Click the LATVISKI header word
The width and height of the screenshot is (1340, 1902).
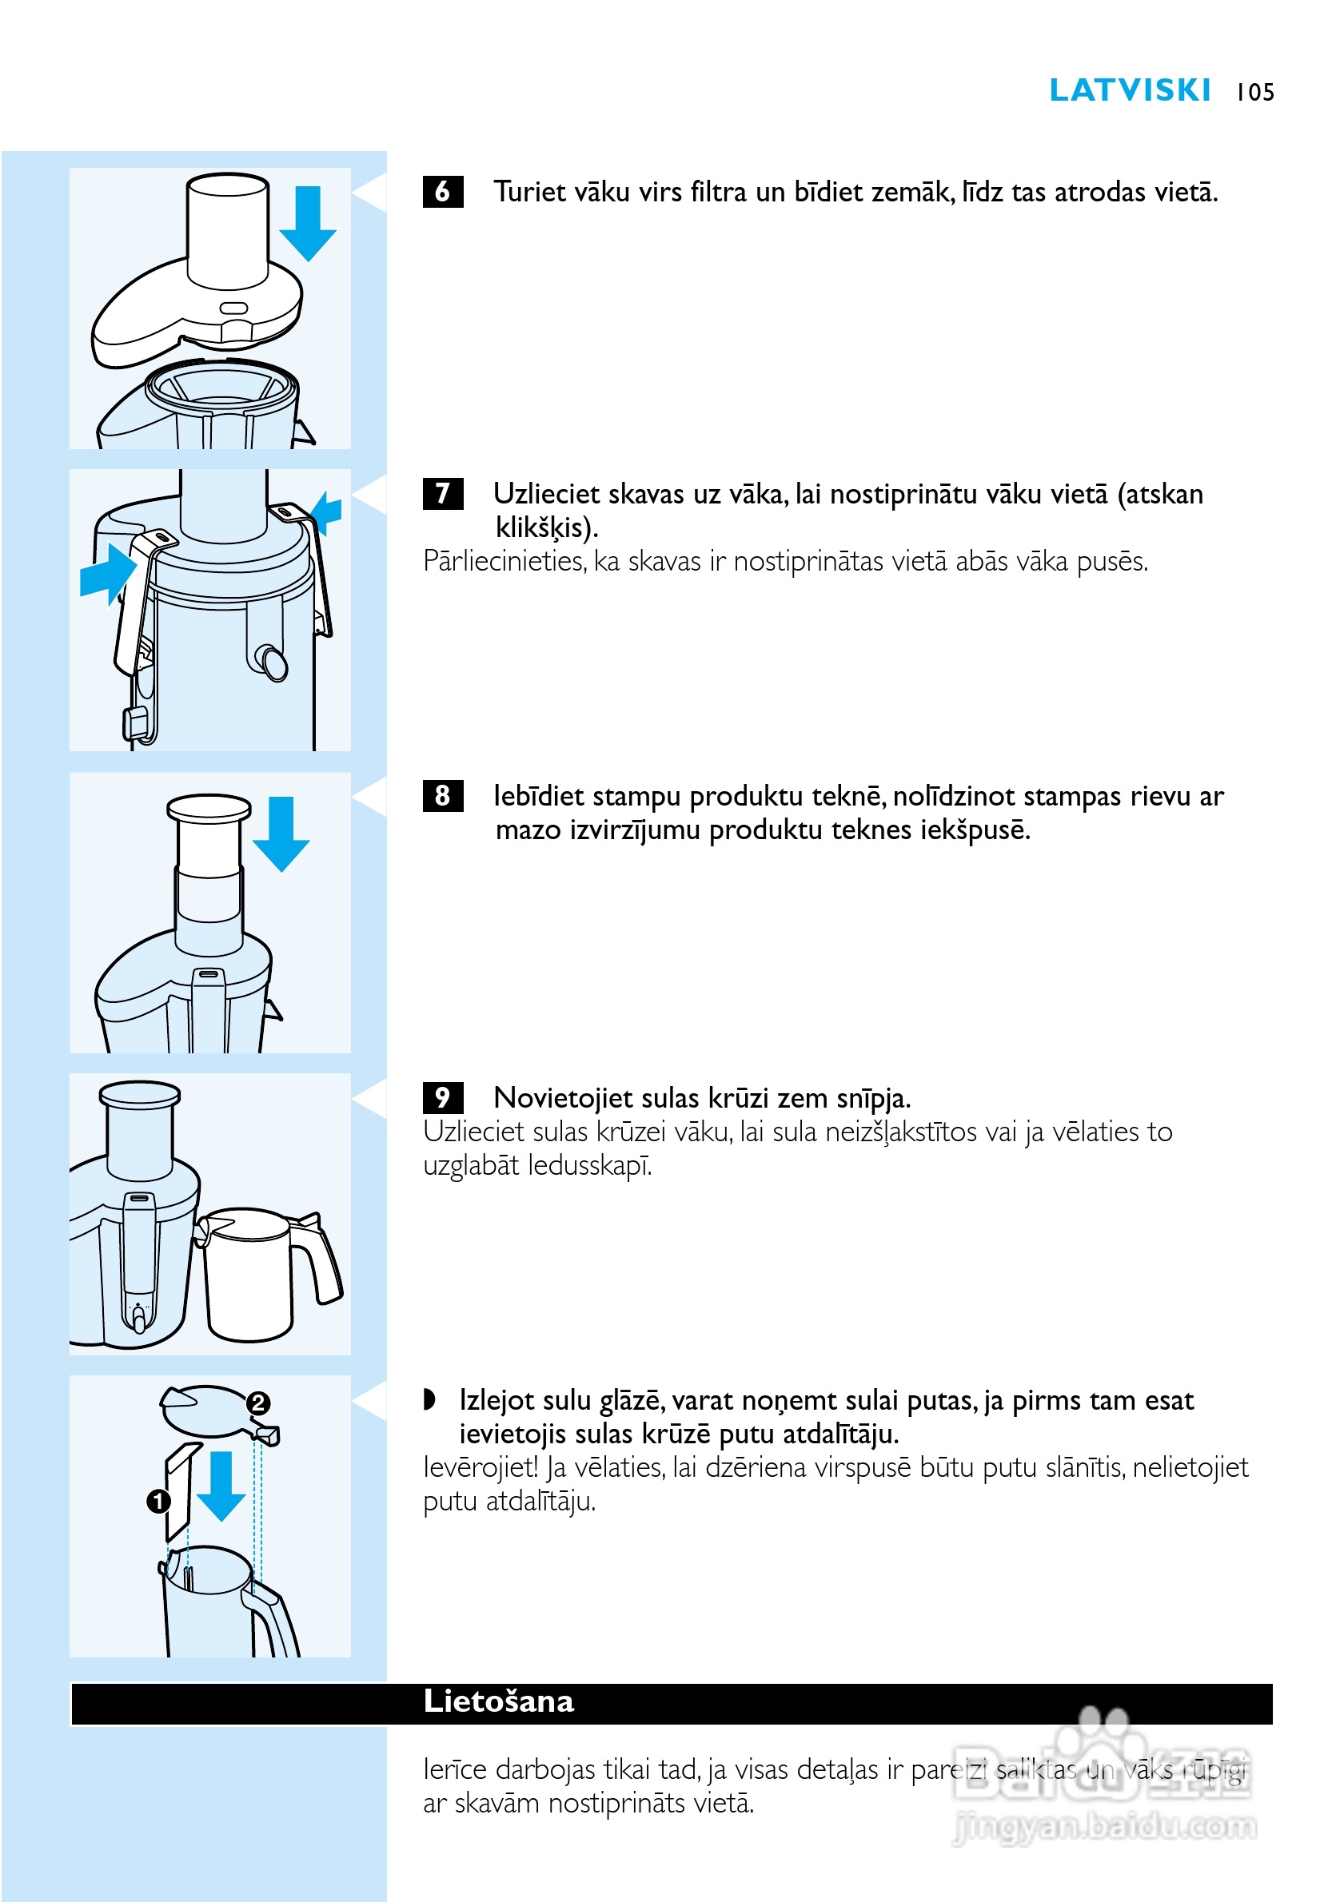click(1129, 90)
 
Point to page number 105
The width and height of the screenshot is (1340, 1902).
click(1254, 92)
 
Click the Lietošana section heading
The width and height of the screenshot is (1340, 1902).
click(498, 1701)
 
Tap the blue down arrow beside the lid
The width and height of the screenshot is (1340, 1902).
click(308, 224)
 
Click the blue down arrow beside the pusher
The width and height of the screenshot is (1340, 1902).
click(281, 834)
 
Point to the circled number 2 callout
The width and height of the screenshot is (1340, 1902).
click(257, 1403)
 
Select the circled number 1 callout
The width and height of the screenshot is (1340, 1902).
click(158, 1501)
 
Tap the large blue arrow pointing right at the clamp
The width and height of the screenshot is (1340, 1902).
click(109, 573)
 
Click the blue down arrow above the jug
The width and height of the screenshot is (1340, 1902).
click(221, 1486)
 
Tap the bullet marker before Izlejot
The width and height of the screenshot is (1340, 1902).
click(429, 1400)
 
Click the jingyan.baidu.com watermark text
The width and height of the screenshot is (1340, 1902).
click(1106, 1828)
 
